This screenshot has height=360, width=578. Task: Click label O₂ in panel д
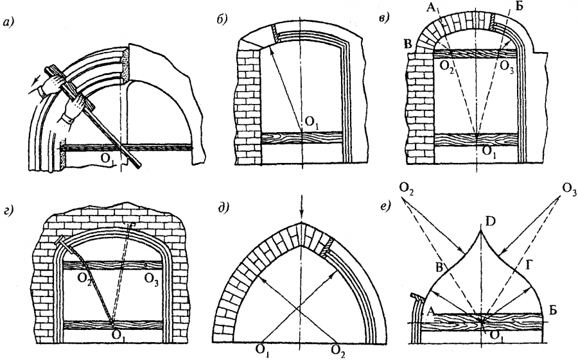(339, 350)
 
